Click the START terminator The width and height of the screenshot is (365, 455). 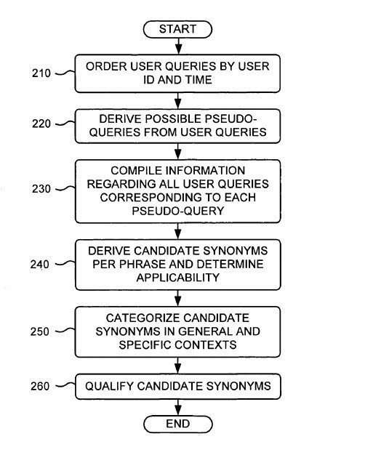tap(177, 29)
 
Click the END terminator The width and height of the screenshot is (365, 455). tap(178, 424)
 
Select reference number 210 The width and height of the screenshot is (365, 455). tap(41, 73)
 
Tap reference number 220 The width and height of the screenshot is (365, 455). tap(41, 124)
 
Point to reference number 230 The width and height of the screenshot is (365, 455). tap(41, 189)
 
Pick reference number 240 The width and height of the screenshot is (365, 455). tap(39, 265)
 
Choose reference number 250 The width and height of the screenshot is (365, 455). tap(39, 331)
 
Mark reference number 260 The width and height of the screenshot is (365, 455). tap(40, 386)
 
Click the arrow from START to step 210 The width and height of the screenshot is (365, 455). tap(179, 46)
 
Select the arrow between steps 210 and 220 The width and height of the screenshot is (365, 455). tap(178, 101)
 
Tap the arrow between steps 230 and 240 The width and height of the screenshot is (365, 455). tap(178, 231)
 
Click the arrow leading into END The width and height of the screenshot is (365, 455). tap(178, 408)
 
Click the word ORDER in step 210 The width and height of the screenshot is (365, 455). tap(106, 66)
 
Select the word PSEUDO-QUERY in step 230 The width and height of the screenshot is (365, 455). tap(177, 211)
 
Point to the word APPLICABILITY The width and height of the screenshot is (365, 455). tap(177, 278)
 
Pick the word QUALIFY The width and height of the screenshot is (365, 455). tap(110, 386)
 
